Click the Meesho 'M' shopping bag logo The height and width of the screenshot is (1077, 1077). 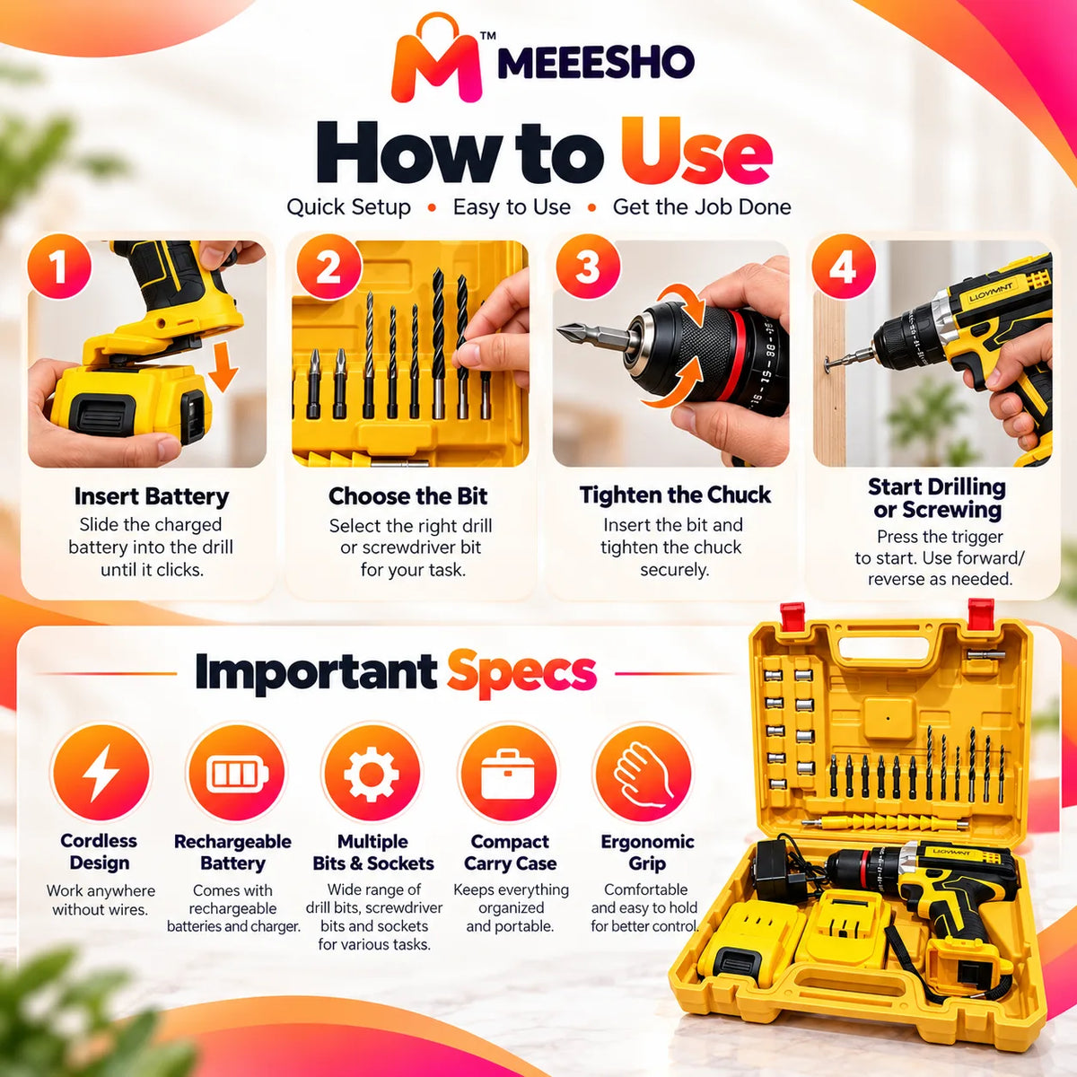[x=436, y=58]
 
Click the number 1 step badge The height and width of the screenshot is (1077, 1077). [x=59, y=267]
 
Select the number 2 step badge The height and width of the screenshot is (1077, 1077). [x=328, y=267]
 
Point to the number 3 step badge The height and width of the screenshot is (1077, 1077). [x=588, y=267]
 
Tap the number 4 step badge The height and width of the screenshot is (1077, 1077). [x=844, y=267]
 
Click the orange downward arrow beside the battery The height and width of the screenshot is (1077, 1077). [x=223, y=366]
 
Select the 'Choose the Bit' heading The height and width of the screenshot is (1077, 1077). [x=408, y=496]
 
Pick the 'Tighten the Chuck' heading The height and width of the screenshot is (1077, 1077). [x=675, y=495]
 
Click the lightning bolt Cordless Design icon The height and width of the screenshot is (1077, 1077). [x=101, y=773]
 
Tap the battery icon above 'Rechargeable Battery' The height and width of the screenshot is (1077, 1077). [x=236, y=773]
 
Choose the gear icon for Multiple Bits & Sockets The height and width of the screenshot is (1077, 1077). [x=372, y=774]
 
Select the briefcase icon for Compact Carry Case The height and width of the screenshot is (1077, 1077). [x=507, y=774]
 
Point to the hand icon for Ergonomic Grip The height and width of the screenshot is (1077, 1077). [x=644, y=774]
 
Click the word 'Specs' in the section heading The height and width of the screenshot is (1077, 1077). [x=521, y=672]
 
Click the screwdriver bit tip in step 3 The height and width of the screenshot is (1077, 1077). [x=559, y=329]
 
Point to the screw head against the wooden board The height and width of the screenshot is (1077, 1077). [x=827, y=365]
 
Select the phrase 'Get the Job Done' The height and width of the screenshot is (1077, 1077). [x=702, y=206]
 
